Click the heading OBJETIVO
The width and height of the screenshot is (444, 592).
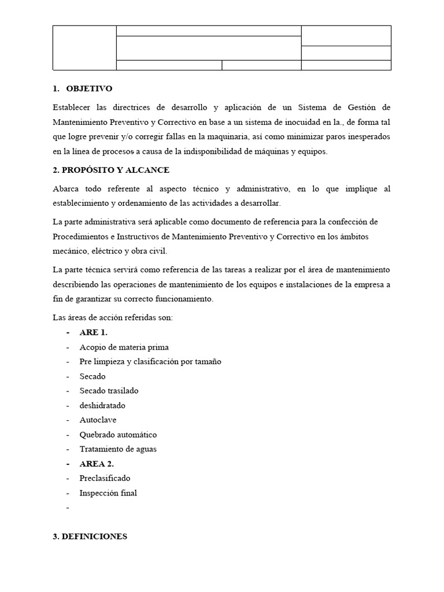[89, 89]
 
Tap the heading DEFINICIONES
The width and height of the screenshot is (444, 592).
[90, 536]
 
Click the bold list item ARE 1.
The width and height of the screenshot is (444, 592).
[94, 332]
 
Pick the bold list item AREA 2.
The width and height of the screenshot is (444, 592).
[97, 464]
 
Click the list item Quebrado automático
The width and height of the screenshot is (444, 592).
[118, 434]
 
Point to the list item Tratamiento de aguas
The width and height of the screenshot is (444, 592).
[118, 449]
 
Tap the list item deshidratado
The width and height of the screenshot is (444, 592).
[102, 405]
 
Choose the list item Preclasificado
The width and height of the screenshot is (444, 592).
[105, 478]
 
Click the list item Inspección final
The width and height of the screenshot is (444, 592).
[108, 493]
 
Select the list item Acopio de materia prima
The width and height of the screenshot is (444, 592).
[124, 347]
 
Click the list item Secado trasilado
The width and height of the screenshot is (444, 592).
[109, 391]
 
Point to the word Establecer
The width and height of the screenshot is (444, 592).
[72, 108]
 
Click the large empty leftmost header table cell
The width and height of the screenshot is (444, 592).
[84, 47]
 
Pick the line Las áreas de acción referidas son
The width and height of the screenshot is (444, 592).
[113, 317]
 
